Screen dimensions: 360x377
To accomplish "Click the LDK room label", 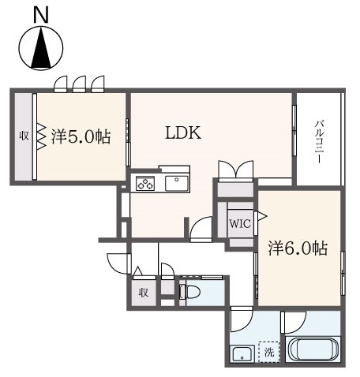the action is [183, 133].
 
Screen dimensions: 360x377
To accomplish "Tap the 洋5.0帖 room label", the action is [81, 136].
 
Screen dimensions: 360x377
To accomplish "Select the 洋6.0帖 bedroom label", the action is [298, 248].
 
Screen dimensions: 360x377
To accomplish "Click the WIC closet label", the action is [240, 224].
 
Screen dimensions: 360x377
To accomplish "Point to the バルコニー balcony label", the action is [320, 142].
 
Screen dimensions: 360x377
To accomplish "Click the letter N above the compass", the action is [41, 15].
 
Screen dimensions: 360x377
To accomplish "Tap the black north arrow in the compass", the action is [41, 48].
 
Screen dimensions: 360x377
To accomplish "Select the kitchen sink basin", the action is [177, 183].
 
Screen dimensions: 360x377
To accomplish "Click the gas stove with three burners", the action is [145, 183].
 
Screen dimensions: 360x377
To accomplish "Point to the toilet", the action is [189, 292].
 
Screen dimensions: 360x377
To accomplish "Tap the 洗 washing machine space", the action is [269, 352].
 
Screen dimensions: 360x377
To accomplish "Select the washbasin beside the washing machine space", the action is [242, 353].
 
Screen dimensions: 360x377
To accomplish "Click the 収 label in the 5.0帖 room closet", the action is [24, 136].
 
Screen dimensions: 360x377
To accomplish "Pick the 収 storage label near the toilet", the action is [144, 293].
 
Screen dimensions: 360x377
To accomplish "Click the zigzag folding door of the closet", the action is [41, 136].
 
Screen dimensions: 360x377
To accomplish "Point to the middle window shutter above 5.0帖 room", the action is [79, 84].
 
